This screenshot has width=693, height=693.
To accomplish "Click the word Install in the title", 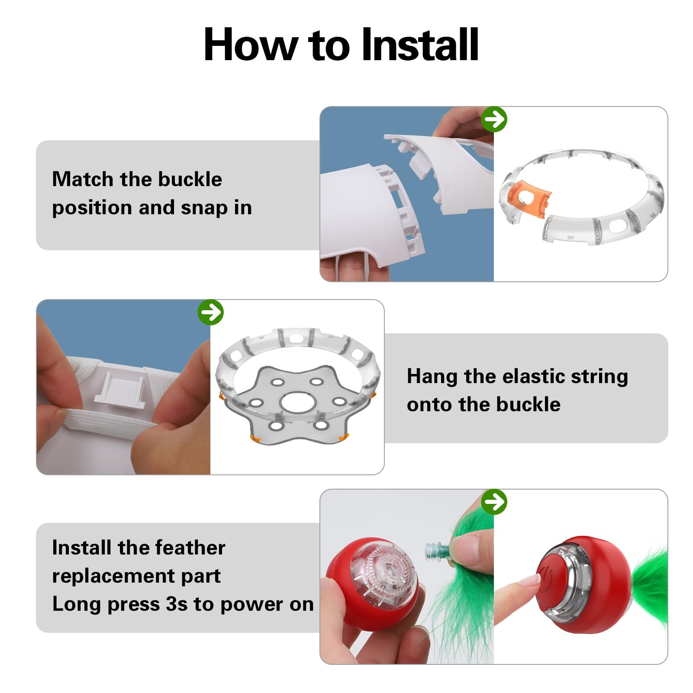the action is [x=420, y=45].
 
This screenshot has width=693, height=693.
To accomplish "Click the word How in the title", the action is [x=251, y=45].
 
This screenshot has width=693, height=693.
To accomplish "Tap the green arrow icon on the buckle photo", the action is [x=494, y=119].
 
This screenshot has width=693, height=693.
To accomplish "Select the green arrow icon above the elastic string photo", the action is [x=210, y=312].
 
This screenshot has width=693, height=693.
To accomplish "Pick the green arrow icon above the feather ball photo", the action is [x=494, y=502].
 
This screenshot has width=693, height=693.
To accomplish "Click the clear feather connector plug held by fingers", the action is [x=438, y=550].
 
